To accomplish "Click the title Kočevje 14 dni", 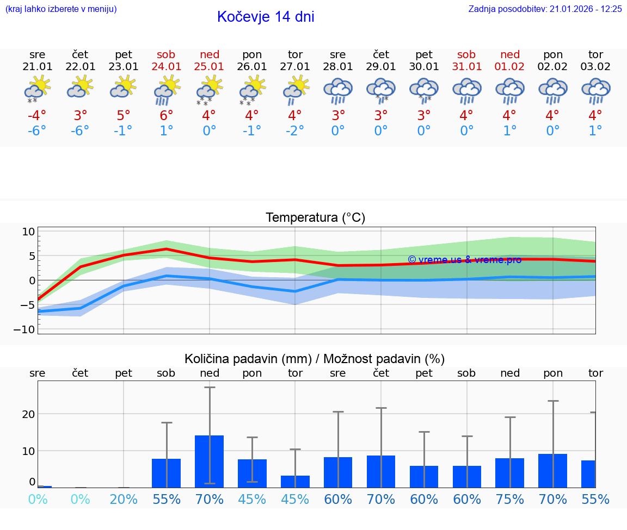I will [x=266, y=17].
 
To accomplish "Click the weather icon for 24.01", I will [x=167, y=90].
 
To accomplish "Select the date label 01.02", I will [x=510, y=67].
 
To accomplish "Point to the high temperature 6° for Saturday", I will [x=167, y=116].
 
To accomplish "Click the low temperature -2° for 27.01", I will [x=294, y=131].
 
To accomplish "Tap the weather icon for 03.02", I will [x=595, y=90].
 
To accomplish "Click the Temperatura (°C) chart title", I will [x=315, y=218].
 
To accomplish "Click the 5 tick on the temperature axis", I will [x=31, y=256].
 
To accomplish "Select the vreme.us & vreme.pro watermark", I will [x=464, y=260].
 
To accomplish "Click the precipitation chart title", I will [x=315, y=359].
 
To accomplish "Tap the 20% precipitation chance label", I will [x=124, y=500].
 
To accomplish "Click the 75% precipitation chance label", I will [x=510, y=500].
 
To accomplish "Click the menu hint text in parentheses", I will [x=61, y=9].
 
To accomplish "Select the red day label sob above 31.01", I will [x=466, y=54].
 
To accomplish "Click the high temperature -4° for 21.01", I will [x=38, y=116].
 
